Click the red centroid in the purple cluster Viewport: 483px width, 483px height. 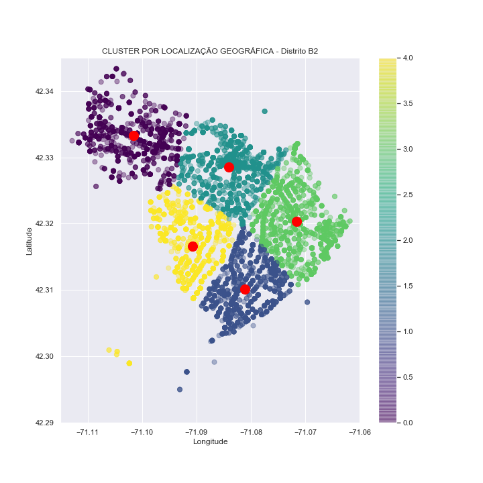coord(133,136)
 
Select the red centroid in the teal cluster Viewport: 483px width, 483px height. coord(229,167)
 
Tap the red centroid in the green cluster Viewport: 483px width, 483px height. coord(297,221)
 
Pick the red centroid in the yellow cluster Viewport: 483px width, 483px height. coord(193,246)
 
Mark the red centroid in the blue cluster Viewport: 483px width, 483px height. coord(244,289)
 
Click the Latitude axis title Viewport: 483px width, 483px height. coord(29,241)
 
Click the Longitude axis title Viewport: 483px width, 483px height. coord(210,441)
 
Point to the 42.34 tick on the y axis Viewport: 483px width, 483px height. coord(46,91)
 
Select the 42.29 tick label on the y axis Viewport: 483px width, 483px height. coord(46,423)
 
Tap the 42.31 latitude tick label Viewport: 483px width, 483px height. coord(46,290)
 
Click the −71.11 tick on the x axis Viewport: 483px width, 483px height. coord(88,431)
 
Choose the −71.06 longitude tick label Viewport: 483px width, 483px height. coord(359,431)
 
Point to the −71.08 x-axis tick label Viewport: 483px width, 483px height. coord(250,431)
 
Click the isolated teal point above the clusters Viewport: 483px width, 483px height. coord(264,111)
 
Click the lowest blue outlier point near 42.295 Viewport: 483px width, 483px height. coord(180,389)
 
